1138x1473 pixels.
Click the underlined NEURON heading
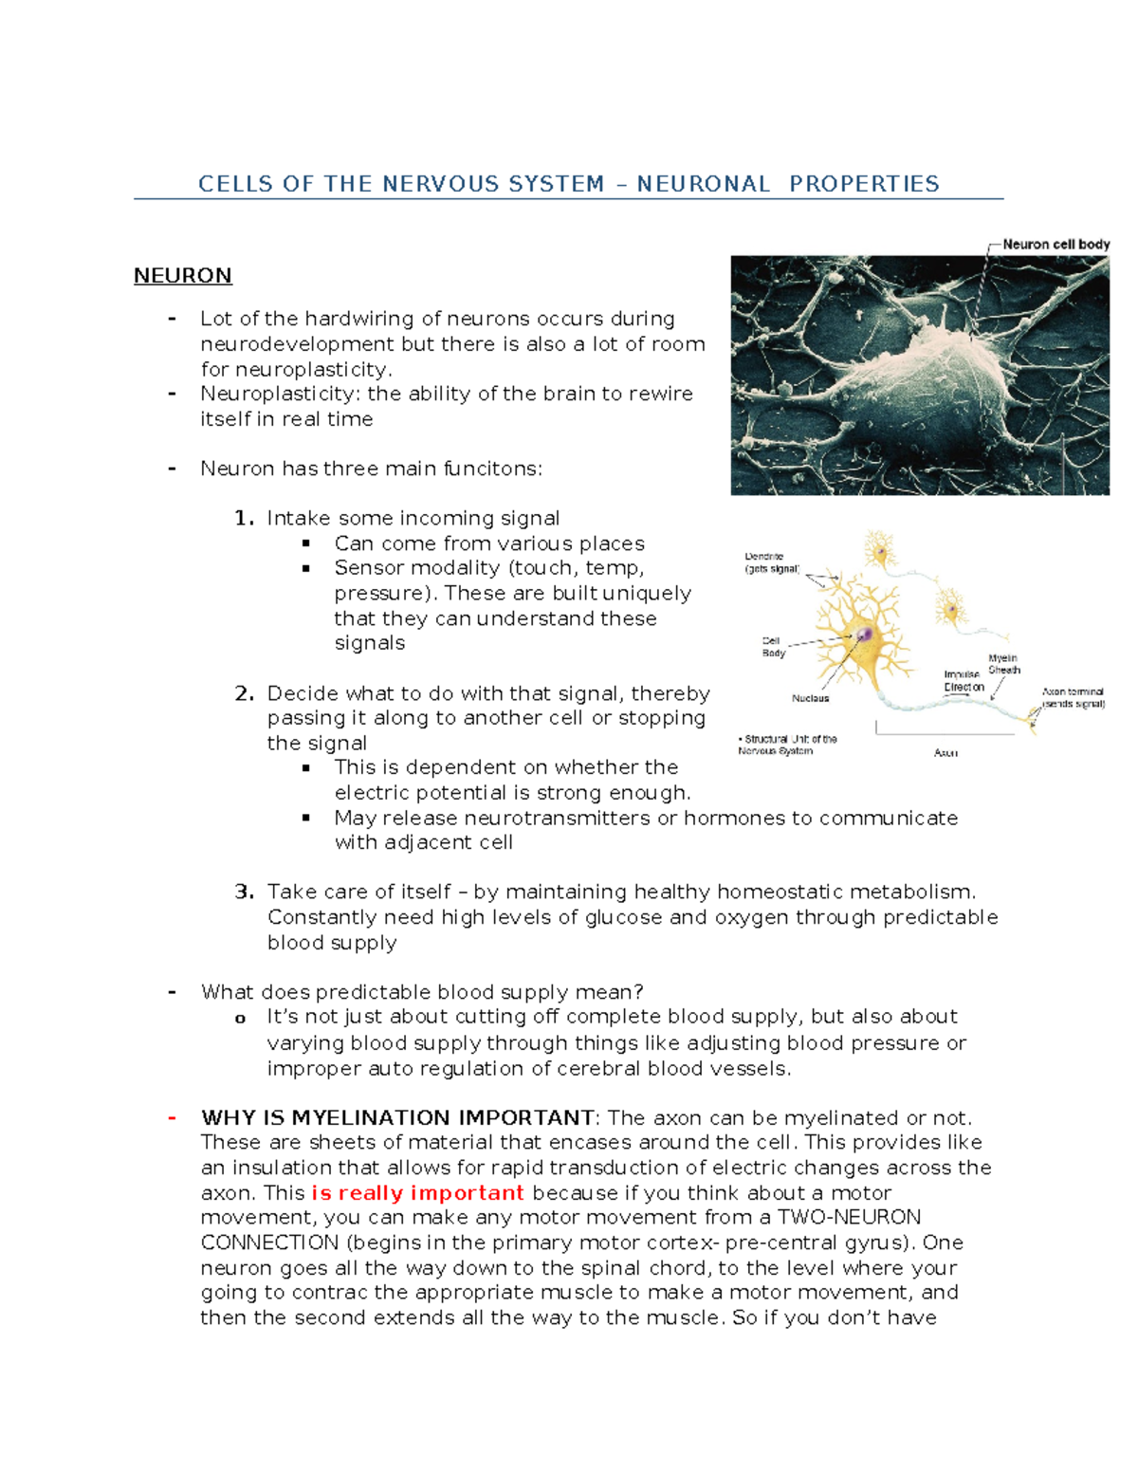tap(183, 275)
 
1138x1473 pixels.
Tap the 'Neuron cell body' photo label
tap(1056, 244)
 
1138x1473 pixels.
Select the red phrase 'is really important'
tap(417, 1193)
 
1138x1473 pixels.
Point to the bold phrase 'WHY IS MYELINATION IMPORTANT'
tap(398, 1118)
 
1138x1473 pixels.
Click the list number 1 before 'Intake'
tap(244, 519)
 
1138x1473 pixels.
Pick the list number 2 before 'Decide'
tap(244, 693)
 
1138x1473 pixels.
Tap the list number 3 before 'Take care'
tap(244, 892)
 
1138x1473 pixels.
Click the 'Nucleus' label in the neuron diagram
tap(811, 698)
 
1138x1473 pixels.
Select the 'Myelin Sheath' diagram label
tap(1003, 664)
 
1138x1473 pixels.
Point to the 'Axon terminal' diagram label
tap(1074, 698)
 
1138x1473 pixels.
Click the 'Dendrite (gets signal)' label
tap(773, 562)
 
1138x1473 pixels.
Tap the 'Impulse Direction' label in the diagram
tap(964, 681)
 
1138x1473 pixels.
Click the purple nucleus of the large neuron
tap(864, 635)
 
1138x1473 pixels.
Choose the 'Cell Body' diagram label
tap(773, 647)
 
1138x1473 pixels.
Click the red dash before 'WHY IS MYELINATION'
tap(173, 1118)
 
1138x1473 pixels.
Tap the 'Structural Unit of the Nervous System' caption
tap(787, 745)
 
